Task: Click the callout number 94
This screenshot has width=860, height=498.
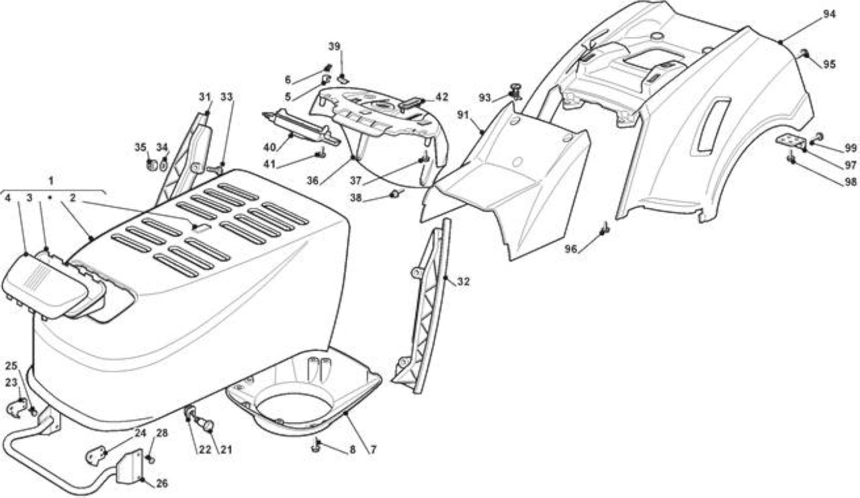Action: pos(829,14)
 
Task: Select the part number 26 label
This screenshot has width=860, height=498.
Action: pos(162,483)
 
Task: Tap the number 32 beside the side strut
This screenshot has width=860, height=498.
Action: pos(464,282)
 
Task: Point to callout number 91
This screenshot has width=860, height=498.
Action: pos(463,115)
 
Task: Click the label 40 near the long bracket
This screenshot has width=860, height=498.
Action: pos(269,147)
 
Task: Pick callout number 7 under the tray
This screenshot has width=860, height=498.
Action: pos(373,449)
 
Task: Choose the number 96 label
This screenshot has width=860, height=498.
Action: pos(571,249)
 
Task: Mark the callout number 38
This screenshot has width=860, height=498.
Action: pos(356,198)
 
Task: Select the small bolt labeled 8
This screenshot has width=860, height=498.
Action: pos(316,446)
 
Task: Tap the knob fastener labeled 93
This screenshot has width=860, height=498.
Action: pos(515,92)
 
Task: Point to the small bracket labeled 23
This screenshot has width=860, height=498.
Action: pos(17,408)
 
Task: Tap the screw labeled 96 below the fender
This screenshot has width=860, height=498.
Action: pos(605,229)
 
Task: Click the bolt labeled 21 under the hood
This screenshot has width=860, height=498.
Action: pos(206,425)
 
